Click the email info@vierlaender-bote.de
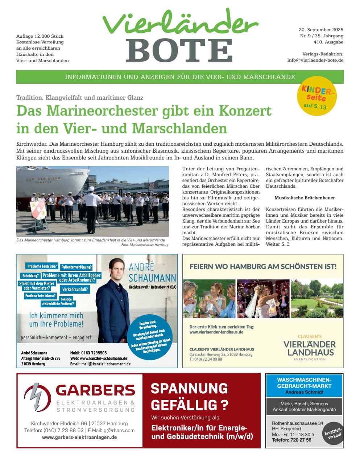click(315, 60)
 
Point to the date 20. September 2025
click(321, 30)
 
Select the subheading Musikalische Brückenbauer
click(305, 198)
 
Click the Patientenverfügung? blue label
click(76, 267)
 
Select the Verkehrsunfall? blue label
click(75, 289)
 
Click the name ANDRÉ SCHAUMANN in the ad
click(152, 273)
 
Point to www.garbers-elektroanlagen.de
click(79, 437)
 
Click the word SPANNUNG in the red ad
click(189, 389)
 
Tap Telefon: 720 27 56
click(291, 440)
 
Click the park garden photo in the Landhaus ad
click(316, 298)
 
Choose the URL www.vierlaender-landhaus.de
click(216, 332)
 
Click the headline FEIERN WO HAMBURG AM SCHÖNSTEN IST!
click(263, 266)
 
